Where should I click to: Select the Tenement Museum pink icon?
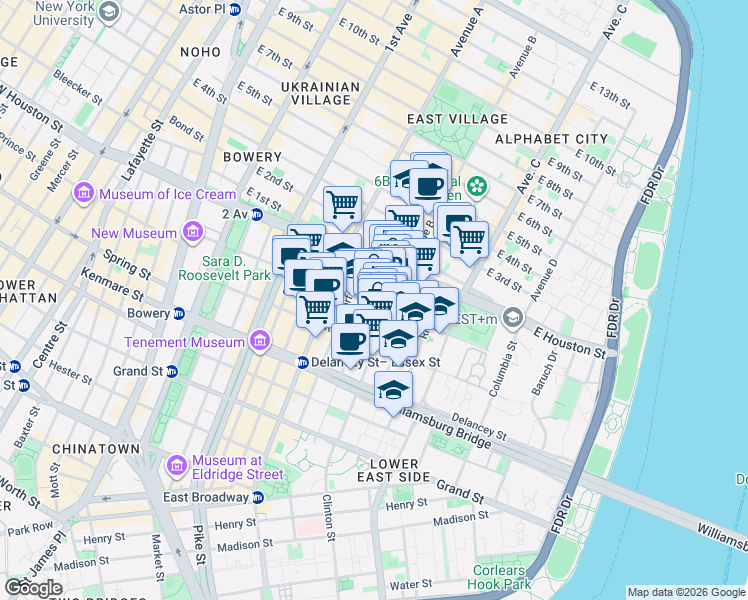[260, 342]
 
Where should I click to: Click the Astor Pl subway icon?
[234, 9]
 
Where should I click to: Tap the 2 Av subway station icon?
[257, 214]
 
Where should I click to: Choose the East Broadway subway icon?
[258, 497]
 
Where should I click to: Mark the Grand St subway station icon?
[171, 371]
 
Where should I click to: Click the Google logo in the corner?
[33, 587]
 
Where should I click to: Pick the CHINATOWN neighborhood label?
[96, 449]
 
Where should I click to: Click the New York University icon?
[110, 13]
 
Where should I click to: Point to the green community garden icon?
[478, 185]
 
